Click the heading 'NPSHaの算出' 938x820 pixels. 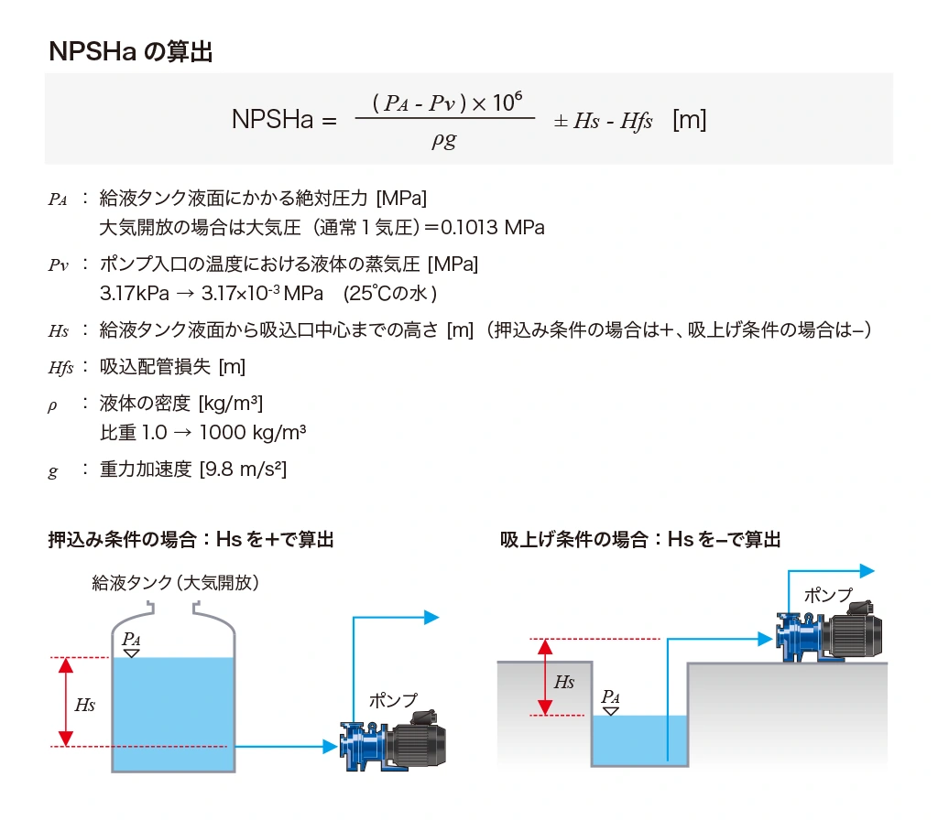[130, 52]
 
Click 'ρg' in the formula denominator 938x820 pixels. [443, 140]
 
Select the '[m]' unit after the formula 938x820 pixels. [689, 120]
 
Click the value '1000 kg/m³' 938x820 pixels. [252, 432]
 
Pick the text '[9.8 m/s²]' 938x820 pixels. [243, 469]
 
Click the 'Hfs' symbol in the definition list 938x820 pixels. [60, 368]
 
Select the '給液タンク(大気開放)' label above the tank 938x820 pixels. [176, 582]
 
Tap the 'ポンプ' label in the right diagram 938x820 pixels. [827, 595]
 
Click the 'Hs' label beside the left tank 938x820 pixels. [84, 705]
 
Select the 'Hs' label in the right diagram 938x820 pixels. [564, 682]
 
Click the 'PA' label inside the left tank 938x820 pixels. [132, 639]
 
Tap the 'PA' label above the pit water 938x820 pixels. [610, 696]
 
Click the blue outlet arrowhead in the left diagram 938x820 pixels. [431, 618]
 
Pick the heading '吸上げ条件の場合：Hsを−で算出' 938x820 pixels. [640, 540]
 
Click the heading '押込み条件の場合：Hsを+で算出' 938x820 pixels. [191, 540]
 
